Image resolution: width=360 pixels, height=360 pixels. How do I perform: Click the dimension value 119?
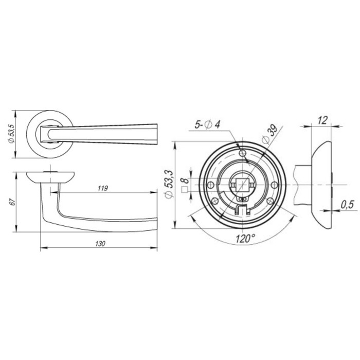(103, 188)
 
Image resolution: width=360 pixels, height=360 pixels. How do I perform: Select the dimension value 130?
(100, 244)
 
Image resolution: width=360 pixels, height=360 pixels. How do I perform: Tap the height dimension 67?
(13, 202)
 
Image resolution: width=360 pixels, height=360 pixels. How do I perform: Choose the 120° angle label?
(245, 239)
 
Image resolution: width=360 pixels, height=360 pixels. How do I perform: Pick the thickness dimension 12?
(322, 120)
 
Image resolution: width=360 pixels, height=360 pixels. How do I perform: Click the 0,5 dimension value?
(347, 204)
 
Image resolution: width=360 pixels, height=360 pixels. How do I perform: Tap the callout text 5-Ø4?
(207, 125)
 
